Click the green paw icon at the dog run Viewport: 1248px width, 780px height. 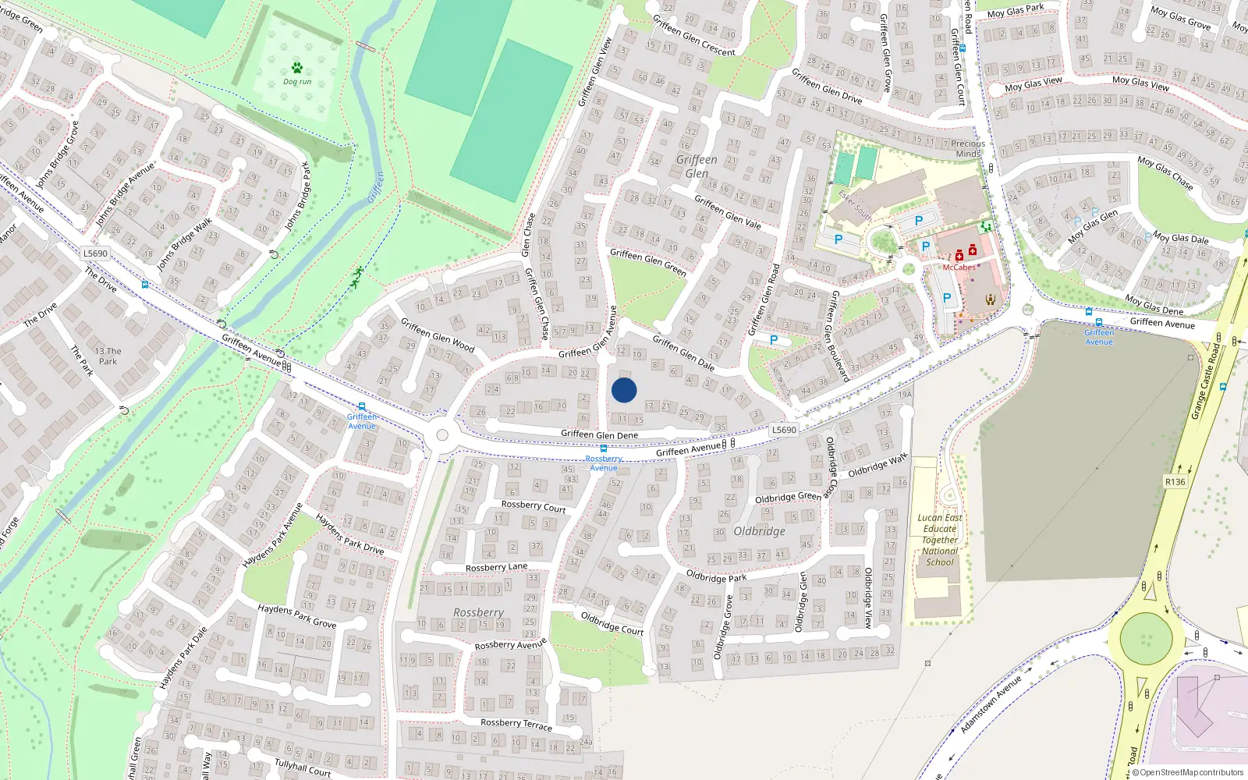pyautogui.click(x=296, y=68)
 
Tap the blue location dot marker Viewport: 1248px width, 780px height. pyautogui.click(x=624, y=390)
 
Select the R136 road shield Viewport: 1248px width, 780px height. pyautogui.click(x=1175, y=482)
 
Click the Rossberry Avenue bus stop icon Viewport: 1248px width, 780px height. pyautogui.click(x=603, y=449)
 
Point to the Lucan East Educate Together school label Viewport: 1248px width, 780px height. pyautogui.click(x=940, y=540)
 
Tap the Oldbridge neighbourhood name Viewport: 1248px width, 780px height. pyautogui.click(x=759, y=531)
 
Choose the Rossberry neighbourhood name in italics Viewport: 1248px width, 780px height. pyautogui.click(x=478, y=613)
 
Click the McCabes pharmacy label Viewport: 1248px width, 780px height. pyautogui.click(x=959, y=268)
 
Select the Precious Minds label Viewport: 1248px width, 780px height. pyautogui.click(x=968, y=148)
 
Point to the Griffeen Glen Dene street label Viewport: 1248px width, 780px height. pyautogui.click(x=599, y=435)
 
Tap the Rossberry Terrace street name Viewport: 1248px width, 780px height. pyautogui.click(x=516, y=724)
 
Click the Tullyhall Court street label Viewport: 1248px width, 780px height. pyautogui.click(x=303, y=768)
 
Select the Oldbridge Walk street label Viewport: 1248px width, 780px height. pyautogui.click(x=877, y=465)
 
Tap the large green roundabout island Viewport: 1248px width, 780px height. pyautogui.click(x=1146, y=639)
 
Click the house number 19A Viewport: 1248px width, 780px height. pyautogui.click(x=905, y=395)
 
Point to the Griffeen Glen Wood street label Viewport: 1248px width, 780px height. pyautogui.click(x=437, y=335)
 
